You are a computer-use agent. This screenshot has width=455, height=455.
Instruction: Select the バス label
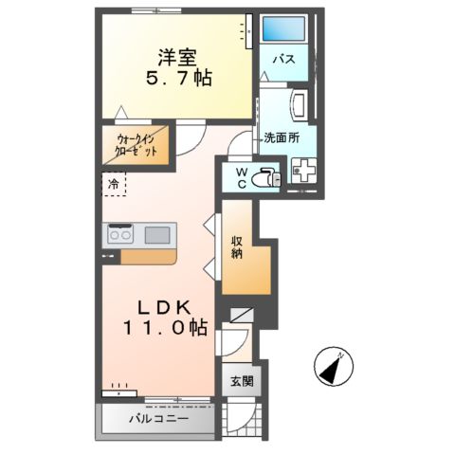(283, 60)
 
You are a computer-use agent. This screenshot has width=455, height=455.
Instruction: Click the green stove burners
(120, 234)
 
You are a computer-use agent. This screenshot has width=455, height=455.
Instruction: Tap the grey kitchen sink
(157, 234)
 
